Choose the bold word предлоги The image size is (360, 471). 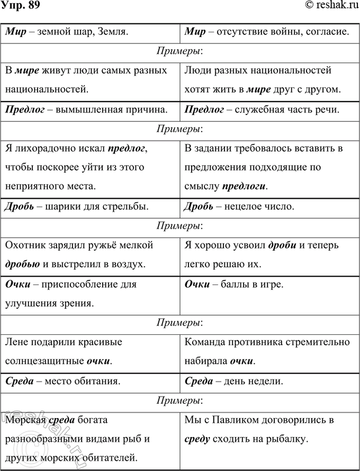point(244,186)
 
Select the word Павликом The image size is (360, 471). point(233,420)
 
